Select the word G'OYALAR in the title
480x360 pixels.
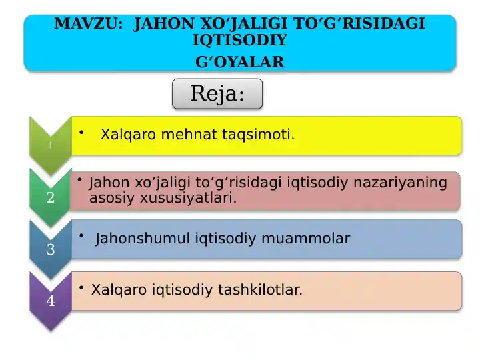pyautogui.click(x=240, y=62)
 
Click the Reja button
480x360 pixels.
pyautogui.click(x=217, y=94)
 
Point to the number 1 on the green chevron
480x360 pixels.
pyautogui.click(x=50, y=146)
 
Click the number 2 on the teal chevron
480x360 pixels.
pyautogui.click(x=51, y=197)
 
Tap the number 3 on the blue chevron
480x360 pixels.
pyautogui.click(x=51, y=250)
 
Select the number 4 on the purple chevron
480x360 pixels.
pyautogui.click(x=51, y=301)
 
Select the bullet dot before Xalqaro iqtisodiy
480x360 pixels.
pyautogui.click(x=80, y=287)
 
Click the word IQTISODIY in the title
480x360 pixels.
pyautogui.click(x=240, y=41)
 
